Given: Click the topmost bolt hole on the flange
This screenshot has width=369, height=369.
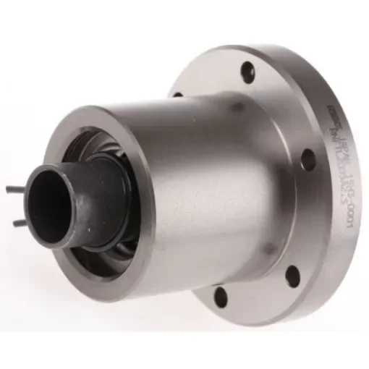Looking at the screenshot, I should point(248,70).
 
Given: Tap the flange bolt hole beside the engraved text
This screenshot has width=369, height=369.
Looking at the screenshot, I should point(307,159).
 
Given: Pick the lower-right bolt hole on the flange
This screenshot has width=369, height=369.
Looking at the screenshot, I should point(292,273).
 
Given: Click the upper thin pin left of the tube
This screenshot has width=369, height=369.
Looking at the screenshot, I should point(16,190).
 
